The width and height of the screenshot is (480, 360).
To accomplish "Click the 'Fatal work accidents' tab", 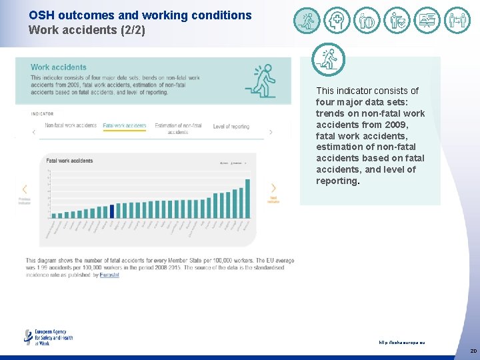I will [x=124, y=126].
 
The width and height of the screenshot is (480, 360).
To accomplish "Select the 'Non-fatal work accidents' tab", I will [x=70, y=126].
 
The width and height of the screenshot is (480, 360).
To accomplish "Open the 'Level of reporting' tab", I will [x=231, y=127].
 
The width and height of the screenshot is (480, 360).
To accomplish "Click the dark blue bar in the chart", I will [x=111, y=211].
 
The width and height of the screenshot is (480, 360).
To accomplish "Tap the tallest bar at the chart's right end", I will [x=247, y=198].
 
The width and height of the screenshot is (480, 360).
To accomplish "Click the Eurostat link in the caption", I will [x=109, y=275].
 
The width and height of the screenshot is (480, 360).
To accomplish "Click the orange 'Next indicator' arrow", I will [x=273, y=189].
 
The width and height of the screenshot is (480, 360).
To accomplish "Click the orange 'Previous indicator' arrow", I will [x=25, y=189].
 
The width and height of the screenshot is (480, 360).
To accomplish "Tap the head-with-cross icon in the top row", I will [x=337, y=21].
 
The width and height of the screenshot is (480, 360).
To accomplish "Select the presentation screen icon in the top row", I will [x=427, y=21].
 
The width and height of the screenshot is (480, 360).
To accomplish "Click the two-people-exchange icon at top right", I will [x=457, y=21].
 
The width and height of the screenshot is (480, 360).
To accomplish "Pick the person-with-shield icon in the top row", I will [x=397, y=21].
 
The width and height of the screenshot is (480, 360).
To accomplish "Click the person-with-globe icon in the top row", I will [x=367, y=21].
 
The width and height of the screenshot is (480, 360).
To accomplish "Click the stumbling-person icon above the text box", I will [x=329, y=60].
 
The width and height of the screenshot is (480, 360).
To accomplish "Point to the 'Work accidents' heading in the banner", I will [x=59, y=67].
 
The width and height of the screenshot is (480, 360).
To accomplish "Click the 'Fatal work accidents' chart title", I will [x=69, y=161].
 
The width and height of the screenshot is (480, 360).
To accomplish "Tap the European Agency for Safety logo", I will [x=48, y=337].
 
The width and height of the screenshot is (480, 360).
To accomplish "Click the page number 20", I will [x=473, y=351].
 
